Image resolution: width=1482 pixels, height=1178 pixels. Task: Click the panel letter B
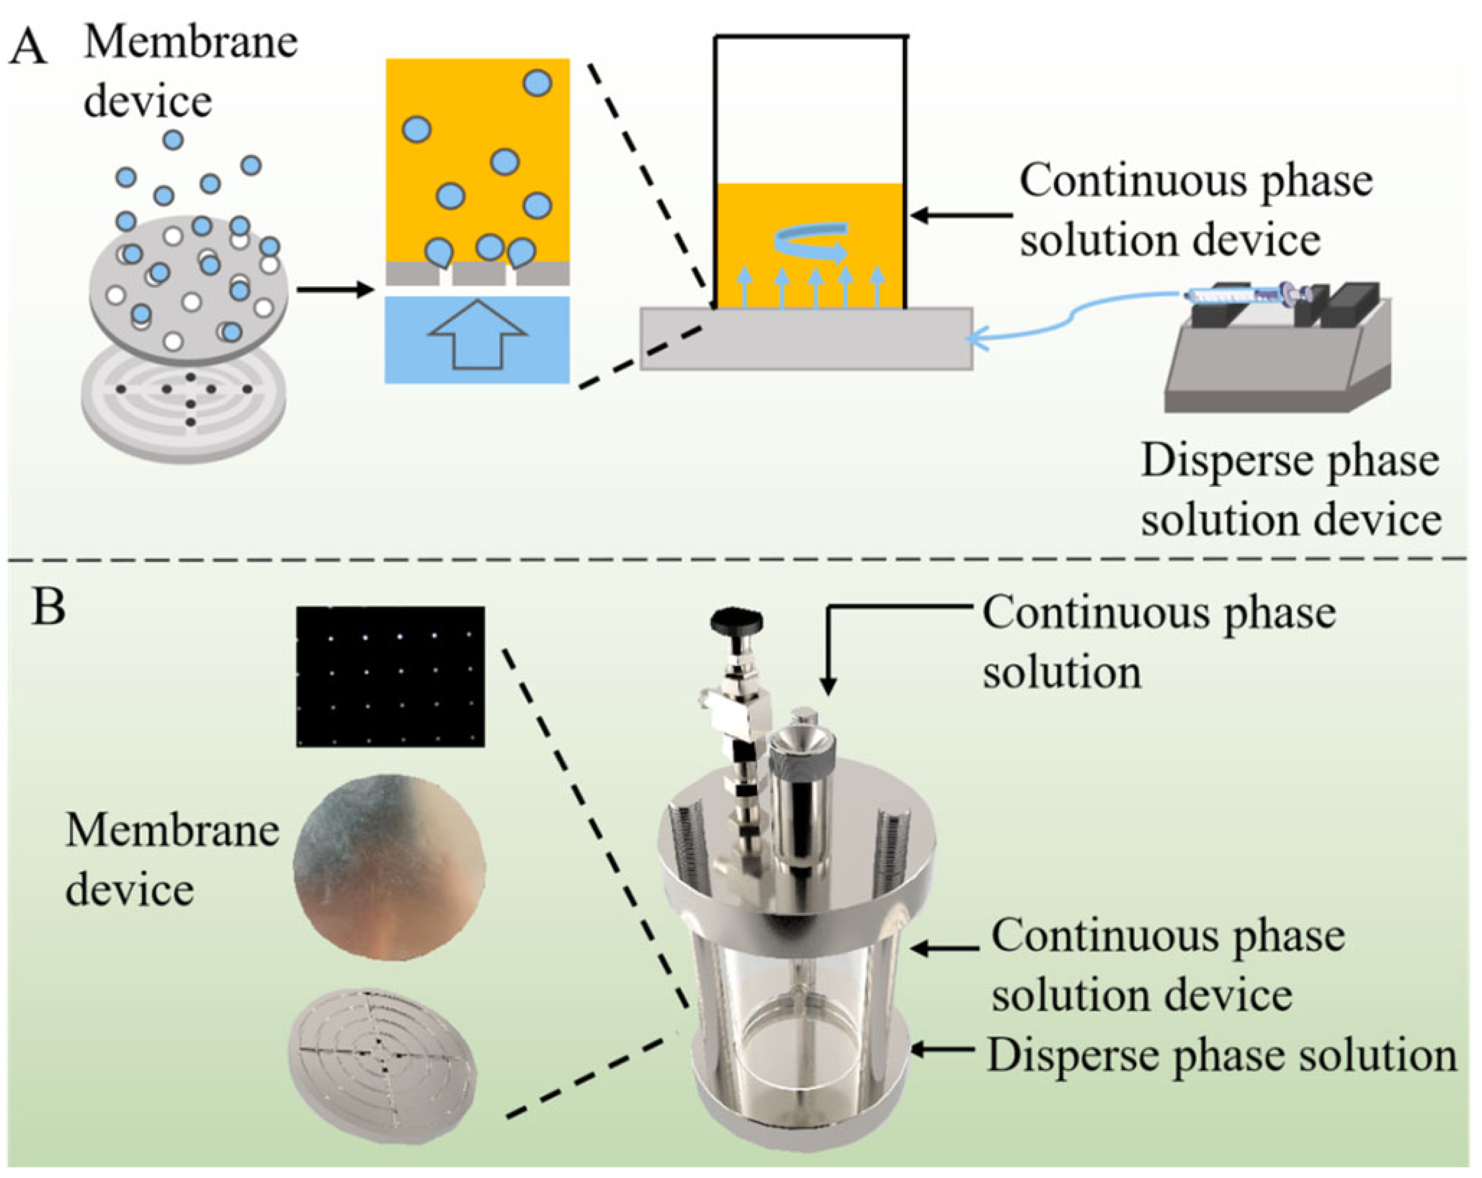48,608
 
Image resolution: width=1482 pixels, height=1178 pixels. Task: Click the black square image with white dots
390,676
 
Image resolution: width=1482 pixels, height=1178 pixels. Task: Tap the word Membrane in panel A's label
190,43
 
